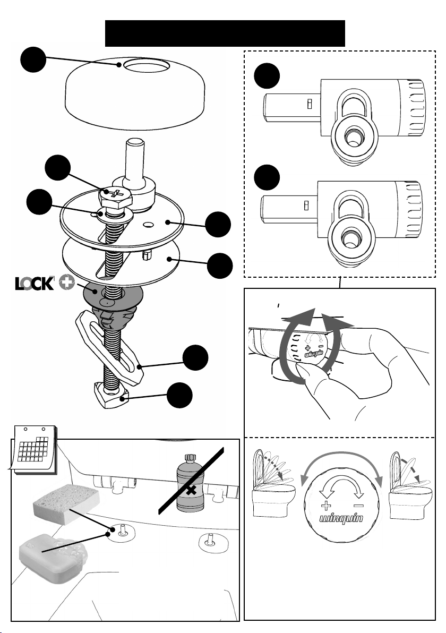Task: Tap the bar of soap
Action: [48, 552]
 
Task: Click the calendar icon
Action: [31, 451]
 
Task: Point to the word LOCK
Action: [35, 284]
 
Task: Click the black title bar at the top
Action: [225, 33]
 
